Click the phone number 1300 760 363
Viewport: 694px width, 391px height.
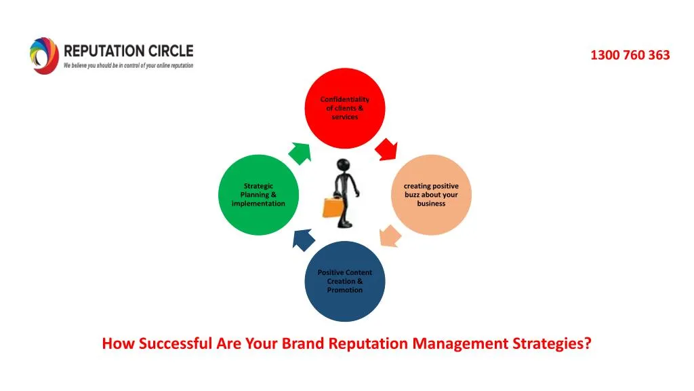[630, 56]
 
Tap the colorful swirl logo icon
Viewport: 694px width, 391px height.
[44, 56]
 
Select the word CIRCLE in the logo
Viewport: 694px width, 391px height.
[173, 51]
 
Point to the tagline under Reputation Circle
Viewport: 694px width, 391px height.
[128, 66]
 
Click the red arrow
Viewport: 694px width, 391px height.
[386, 148]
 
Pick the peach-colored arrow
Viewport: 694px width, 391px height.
[389, 236]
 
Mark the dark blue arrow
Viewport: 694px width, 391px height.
[303, 238]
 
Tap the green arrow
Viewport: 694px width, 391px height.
[300, 153]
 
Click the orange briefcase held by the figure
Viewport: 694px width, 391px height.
[332, 206]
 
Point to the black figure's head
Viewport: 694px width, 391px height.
[344, 165]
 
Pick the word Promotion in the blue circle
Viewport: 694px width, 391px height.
[344, 290]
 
